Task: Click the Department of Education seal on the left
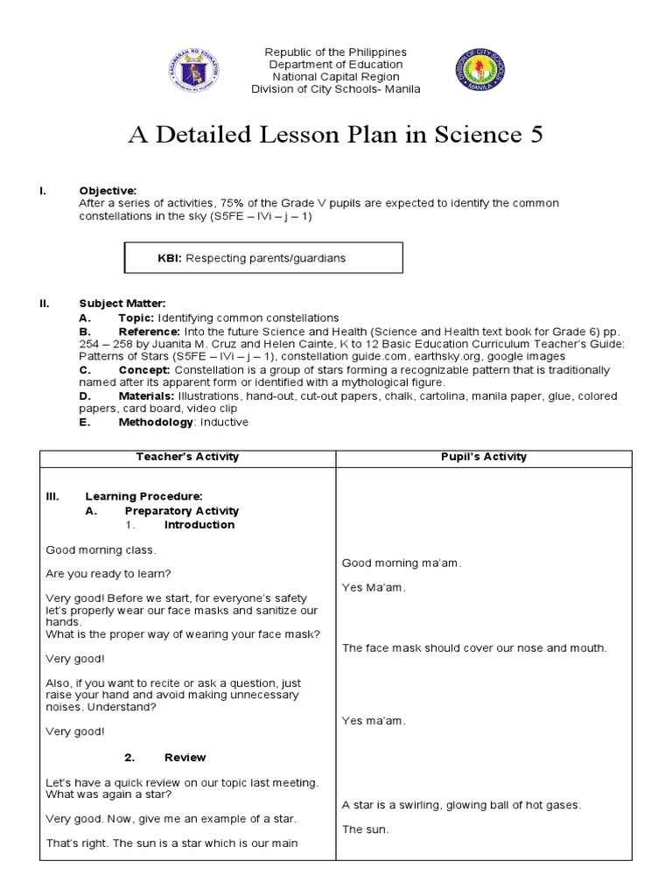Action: tap(193, 70)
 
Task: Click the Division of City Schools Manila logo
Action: tap(480, 70)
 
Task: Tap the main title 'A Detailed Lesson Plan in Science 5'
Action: tap(336, 135)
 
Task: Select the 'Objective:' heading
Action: tap(108, 191)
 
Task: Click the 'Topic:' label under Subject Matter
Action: tap(136, 318)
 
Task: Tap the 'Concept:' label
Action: tap(144, 370)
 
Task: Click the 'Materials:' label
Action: tap(149, 396)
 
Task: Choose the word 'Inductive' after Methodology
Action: tap(224, 422)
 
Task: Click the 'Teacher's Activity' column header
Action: tap(187, 457)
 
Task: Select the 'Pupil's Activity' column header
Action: tap(483, 457)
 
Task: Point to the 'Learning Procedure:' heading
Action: tap(143, 496)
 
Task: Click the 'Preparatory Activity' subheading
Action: tap(181, 511)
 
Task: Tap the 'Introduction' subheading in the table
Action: tap(199, 525)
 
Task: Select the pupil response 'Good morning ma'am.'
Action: tap(401, 563)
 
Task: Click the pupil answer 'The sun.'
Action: tap(365, 829)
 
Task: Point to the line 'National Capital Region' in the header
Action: tap(336, 77)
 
